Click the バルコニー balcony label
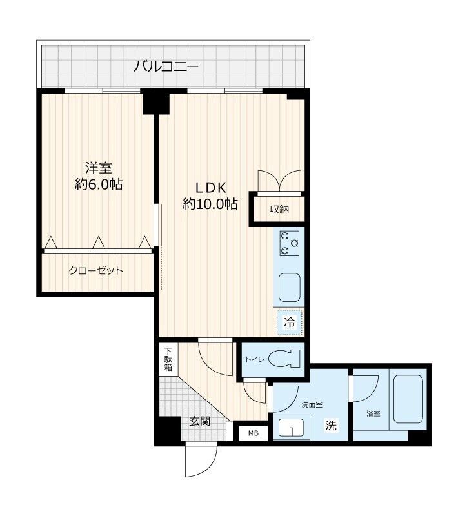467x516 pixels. coord(166,67)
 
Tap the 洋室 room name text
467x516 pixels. coord(99,168)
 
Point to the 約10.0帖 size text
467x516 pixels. coord(210,204)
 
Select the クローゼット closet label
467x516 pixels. coord(95,270)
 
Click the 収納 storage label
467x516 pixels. coord(279,209)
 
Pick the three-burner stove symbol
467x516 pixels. coord(290,243)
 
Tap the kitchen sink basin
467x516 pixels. coord(290,287)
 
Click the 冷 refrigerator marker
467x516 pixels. coord(290,322)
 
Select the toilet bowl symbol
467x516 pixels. coord(284,359)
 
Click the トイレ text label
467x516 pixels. coord(254,360)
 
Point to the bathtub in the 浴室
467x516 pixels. coord(408,399)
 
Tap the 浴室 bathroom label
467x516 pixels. coord(373,413)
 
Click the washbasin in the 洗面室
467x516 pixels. coord(292,427)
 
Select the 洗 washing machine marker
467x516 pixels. coord(331,425)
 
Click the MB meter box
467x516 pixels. coord(253,433)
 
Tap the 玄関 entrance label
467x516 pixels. coord(199,421)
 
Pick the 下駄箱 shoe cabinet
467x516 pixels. coord(168,359)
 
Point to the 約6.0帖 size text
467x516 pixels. coord(99,184)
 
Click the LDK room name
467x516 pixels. coord(211,188)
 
